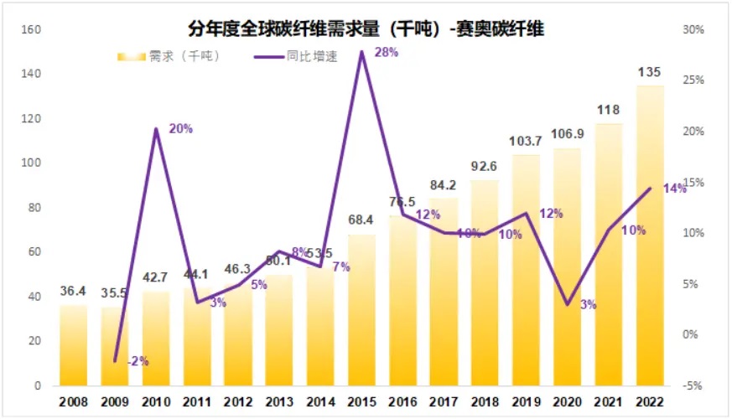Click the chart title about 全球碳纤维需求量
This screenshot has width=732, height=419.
[366, 29]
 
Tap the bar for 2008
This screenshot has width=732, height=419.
[74, 345]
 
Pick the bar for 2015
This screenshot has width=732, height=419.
[362, 310]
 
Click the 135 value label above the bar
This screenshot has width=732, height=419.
[650, 72]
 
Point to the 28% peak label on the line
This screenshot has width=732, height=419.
[387, 53]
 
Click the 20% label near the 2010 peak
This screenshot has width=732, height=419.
[180, 129]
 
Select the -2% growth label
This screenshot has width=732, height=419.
[138, 361]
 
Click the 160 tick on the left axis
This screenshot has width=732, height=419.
[31, 30]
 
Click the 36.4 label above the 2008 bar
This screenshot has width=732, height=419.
[74, 292]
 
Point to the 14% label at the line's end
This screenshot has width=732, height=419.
[674, 189]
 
